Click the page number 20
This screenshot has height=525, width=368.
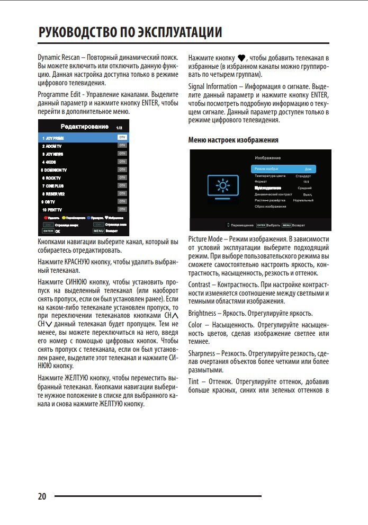42,496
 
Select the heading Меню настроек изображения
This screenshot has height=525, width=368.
234,140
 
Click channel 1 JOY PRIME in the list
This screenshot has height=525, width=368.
53,138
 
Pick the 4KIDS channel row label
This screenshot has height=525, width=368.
51,162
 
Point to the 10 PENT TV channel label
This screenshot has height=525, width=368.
52,210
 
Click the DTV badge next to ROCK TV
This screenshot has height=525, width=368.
122,177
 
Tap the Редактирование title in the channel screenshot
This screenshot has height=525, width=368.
77,127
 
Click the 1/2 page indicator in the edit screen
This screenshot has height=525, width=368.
119,128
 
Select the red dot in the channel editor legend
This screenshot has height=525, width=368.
45,218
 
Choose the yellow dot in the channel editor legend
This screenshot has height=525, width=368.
64,218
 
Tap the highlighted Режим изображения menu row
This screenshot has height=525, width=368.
283,168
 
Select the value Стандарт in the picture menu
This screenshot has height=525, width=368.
303,176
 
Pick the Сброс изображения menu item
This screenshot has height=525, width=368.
270,206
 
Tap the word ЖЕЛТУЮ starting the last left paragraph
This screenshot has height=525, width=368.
79,378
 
